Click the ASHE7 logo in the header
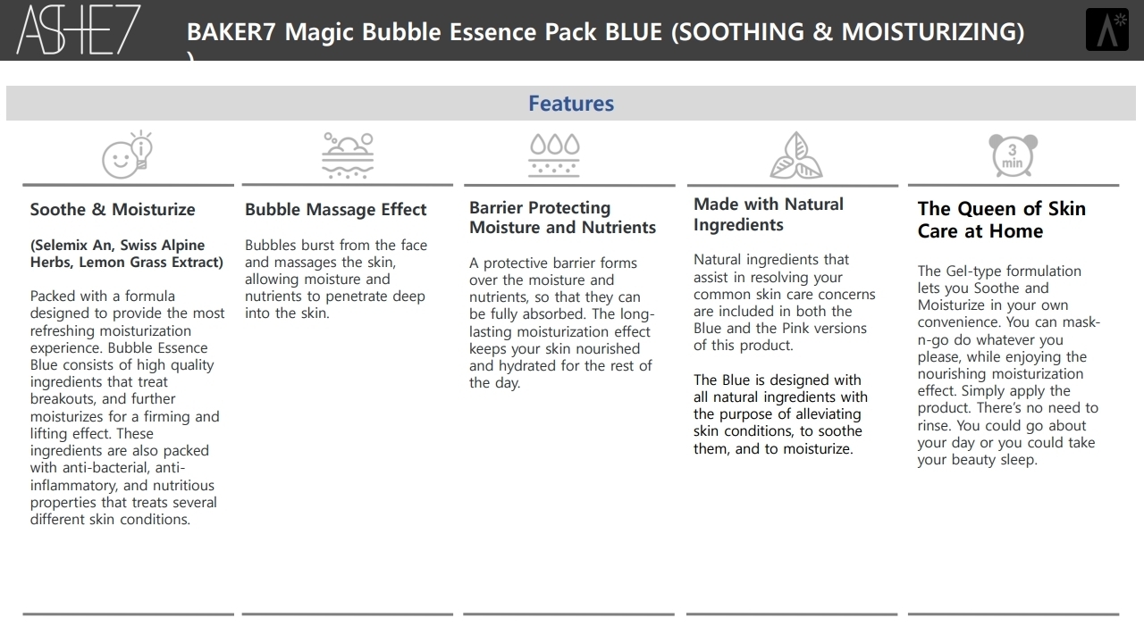pos(79,30)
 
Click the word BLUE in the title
pos(634,31)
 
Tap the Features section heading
pos(571,104)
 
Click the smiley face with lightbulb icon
pos(127,154)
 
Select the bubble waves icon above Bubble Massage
pos(348,155)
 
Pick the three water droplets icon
pos(554,155)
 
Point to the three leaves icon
pos(795,155)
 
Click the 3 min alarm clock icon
pos(1013,155)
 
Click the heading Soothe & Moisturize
pos(113,209)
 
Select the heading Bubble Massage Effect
pos(335,209)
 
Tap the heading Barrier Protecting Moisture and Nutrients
pos(562,217)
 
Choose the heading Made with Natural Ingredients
pos(768,214)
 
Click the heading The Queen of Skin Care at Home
pos(1002,220)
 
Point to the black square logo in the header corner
pos(1107,29)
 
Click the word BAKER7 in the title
pos(231,31)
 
